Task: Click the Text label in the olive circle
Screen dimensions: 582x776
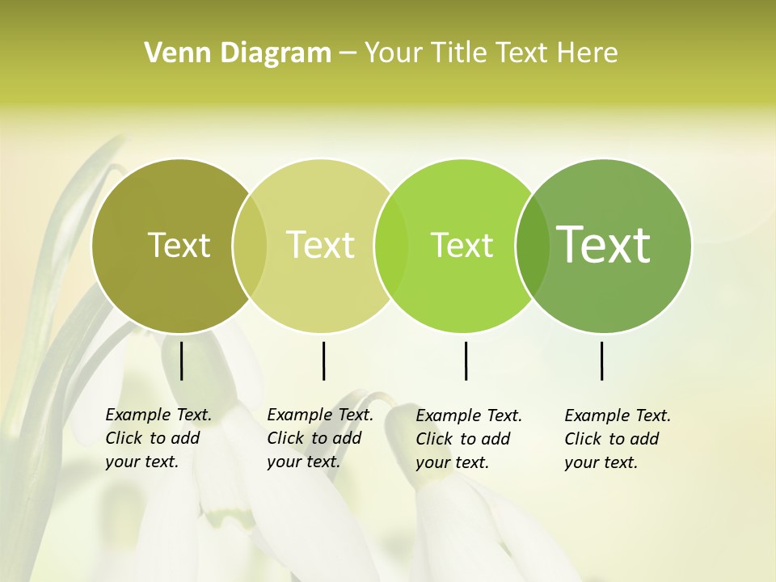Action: (179, 245)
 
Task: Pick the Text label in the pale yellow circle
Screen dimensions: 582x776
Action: (321, 245)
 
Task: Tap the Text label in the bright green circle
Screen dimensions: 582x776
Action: (462, 245)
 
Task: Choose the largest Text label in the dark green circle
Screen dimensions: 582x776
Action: (604, 244)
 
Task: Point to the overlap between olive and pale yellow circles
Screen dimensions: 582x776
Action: (249, 245)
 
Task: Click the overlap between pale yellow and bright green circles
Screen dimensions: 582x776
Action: (391, 245)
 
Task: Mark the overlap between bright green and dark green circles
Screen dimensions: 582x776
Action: (533, 245)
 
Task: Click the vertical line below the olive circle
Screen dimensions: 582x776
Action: (181, 361)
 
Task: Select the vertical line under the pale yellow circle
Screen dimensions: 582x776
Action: (323, 361)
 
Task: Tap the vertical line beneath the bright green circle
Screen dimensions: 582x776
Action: (466, 361)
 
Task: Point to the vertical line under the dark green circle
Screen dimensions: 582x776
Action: (601, 361)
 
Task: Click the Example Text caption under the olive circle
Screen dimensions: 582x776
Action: (158, 438)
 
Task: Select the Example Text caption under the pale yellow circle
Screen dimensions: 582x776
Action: (320, 438)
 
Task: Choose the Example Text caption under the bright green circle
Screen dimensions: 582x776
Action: (469, 439)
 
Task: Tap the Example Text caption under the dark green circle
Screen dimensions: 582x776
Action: (618, 439)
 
